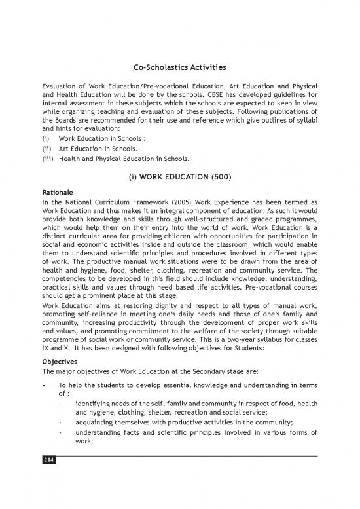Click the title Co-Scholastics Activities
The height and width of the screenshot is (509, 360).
(x=179, y=67)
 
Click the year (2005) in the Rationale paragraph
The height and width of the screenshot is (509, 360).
(x=160, y=203)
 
